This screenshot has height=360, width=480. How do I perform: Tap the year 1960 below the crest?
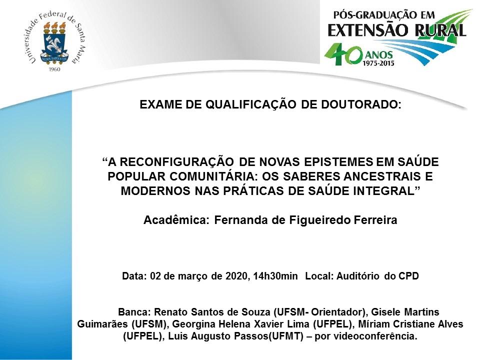click(x=54, y=69)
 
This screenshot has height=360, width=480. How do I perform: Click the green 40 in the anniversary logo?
click(x=343, y=54)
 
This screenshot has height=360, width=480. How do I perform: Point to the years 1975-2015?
click(x=378, y=63)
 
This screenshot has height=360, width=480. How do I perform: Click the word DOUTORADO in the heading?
click(x=361, y=104)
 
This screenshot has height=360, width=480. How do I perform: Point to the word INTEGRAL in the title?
click(x=387, y=190)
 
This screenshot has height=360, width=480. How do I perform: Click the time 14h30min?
click(x=275, y=276)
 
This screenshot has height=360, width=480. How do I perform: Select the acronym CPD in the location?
click(x=408, y=276)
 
